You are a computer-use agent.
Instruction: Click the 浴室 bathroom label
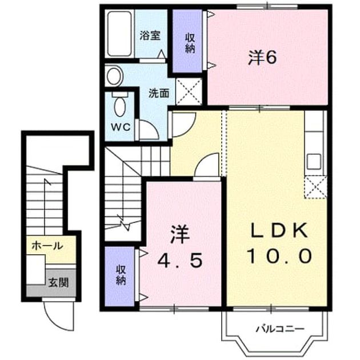150,36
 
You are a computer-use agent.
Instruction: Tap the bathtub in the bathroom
119,34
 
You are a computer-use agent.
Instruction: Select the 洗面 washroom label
159,93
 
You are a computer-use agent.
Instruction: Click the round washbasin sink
114,76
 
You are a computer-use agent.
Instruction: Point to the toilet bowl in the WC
120,106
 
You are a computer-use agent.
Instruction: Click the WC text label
121,127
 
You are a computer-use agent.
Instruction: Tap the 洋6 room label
262,57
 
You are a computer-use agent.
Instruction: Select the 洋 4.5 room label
180,247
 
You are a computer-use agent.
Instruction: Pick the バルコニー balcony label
280,329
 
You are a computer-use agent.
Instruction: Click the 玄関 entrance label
58,282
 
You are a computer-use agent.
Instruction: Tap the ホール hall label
47,246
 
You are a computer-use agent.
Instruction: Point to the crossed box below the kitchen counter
315,187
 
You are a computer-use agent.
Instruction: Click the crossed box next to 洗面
189,91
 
